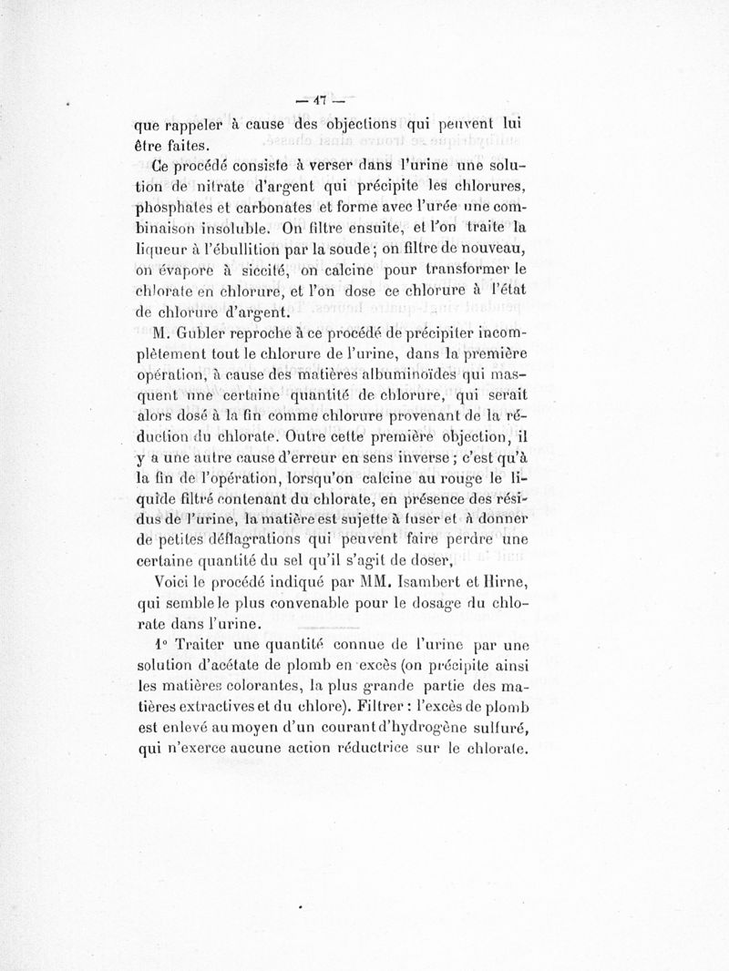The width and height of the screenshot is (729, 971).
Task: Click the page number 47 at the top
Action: coord(323,99)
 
